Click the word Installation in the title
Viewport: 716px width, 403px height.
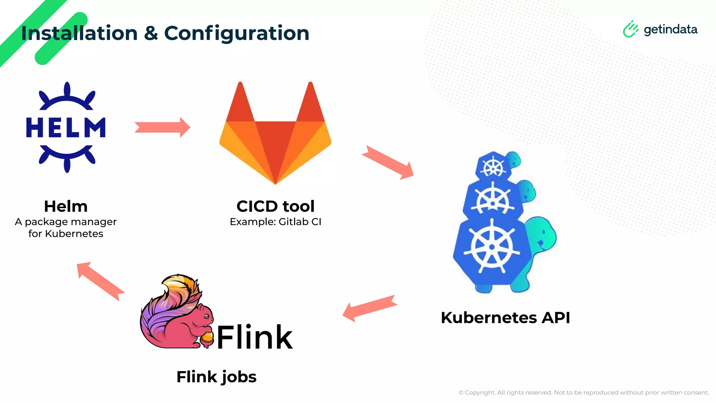coord(79,33)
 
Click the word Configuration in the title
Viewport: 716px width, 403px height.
coord(237,33)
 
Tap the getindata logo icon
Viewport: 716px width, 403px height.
coord(630,29)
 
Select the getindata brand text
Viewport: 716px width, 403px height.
coord(670,29)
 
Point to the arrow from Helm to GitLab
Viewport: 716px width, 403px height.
coord(162,127)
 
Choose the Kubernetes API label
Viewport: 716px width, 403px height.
coord(505,318)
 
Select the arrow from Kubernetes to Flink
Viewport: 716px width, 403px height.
coord(370,308)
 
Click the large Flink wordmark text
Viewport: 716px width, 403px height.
coord(255,337)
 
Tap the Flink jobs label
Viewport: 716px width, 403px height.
coord(216,377)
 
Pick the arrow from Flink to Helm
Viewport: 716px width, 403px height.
coord(100,281)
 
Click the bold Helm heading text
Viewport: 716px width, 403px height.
coord(66,206)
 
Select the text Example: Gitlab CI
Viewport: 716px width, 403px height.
coord(275,222)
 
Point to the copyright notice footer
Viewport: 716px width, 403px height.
coord(583,393)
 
